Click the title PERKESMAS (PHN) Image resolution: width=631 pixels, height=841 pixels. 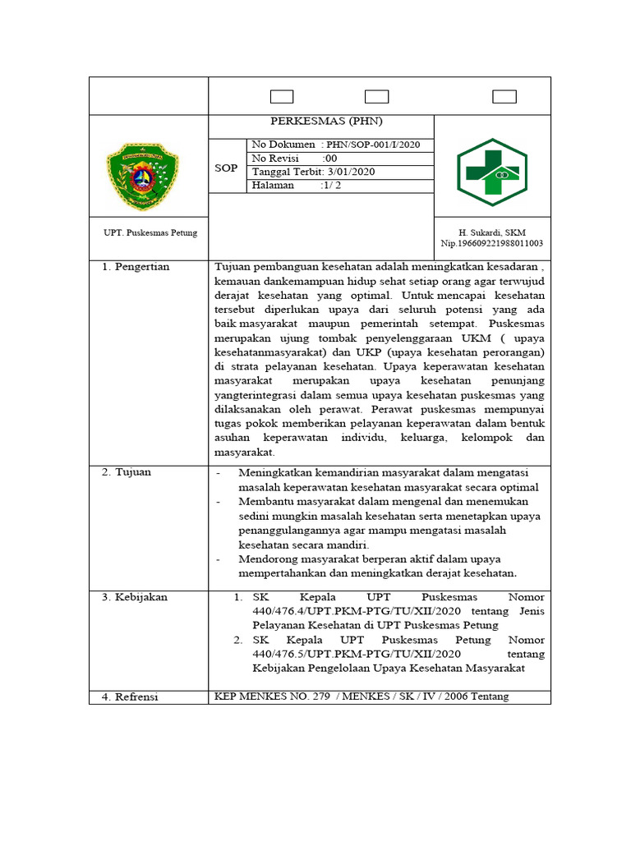(x=320, y=122)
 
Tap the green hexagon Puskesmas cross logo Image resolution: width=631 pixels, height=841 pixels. (x=491, y=172)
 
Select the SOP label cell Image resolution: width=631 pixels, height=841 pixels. (x=226, y=168)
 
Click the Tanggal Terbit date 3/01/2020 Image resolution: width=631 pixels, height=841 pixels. (x=348, y=172)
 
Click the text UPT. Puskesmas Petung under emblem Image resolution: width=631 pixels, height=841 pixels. (x=150, y=233)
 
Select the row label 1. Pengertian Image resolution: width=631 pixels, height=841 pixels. (x=136, y=267)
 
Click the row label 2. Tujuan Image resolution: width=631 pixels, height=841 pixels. (x=127, y=472)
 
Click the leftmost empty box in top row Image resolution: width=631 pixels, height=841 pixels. (x=282, y=96)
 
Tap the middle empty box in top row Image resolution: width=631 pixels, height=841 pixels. (x=376, y=96)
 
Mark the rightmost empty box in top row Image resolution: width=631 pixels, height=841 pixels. (x=504, y=96)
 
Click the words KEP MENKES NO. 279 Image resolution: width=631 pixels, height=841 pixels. (x=272, y=696)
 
